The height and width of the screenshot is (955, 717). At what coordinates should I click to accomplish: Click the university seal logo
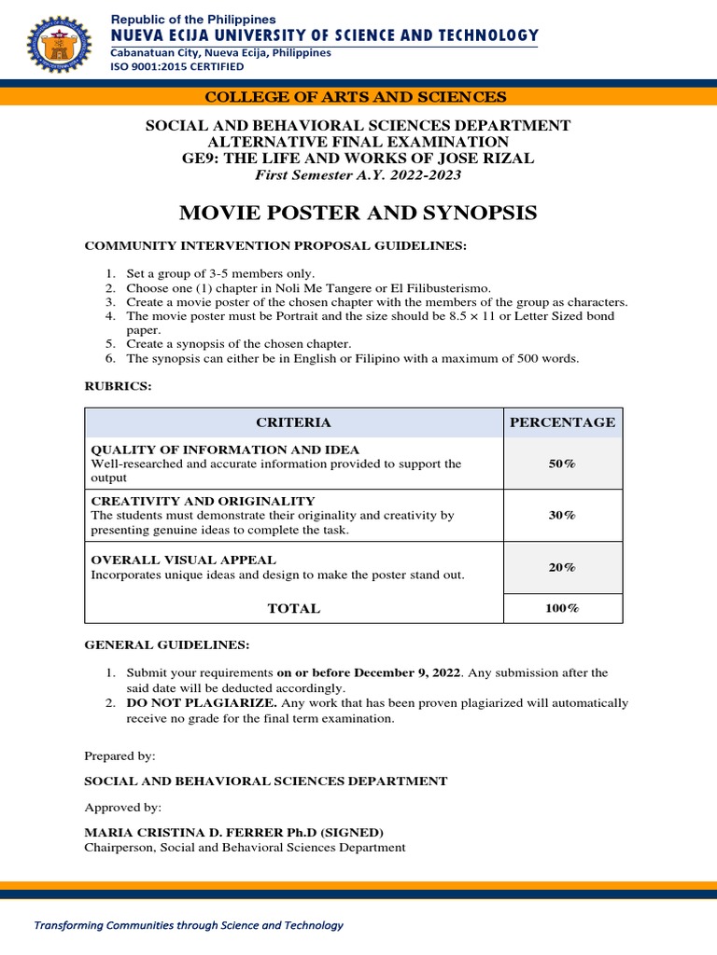61,45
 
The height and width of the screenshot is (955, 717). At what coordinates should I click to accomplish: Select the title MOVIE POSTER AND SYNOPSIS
358,213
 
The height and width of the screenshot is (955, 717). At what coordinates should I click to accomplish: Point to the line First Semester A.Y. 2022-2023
358,175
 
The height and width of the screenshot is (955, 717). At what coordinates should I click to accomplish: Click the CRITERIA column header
293,422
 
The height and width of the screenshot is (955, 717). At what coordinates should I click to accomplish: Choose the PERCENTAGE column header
562,422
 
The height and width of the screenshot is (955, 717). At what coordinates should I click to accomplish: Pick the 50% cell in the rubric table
562,464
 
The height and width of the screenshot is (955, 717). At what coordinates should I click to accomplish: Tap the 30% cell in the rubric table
562,515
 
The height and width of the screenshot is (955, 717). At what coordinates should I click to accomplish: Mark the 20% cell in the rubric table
562,567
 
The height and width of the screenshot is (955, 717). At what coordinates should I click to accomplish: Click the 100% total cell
562,608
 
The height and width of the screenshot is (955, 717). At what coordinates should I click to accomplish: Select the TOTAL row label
293,608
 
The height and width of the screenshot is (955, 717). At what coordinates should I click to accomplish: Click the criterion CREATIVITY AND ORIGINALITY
203,501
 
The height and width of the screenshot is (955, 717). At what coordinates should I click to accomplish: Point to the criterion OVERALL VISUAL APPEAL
183,560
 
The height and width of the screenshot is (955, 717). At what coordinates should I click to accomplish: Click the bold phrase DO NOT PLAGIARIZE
201,702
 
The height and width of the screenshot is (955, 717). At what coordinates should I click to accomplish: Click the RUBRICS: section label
118,386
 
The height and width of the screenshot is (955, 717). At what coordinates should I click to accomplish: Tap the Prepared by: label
119,755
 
